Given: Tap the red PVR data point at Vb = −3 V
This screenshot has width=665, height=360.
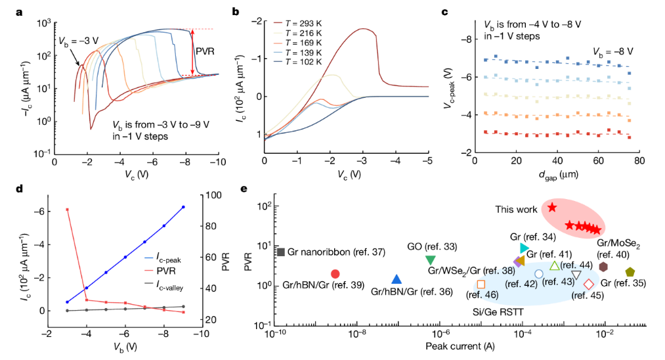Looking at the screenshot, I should [x=67, y=210].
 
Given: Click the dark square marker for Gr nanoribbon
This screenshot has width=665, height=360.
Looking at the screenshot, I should [x=280, y=252].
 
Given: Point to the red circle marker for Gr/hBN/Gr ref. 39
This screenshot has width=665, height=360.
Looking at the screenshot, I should [x=335, y=273].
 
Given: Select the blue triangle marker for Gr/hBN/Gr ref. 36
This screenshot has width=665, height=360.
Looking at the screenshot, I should [x=396, y=280].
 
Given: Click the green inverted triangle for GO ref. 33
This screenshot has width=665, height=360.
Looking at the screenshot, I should [x=430, y=260].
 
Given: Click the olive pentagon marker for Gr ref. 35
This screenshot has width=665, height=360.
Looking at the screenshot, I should [x=630, y=272].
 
